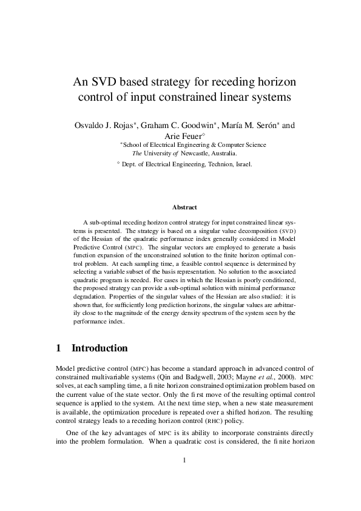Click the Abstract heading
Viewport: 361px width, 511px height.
pyautogui.click(x=181, y=207)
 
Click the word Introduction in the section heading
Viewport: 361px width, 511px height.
pyautogui.click(x=100, y=348)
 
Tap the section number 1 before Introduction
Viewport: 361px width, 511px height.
pyautogui.click(x=58, y=348)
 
